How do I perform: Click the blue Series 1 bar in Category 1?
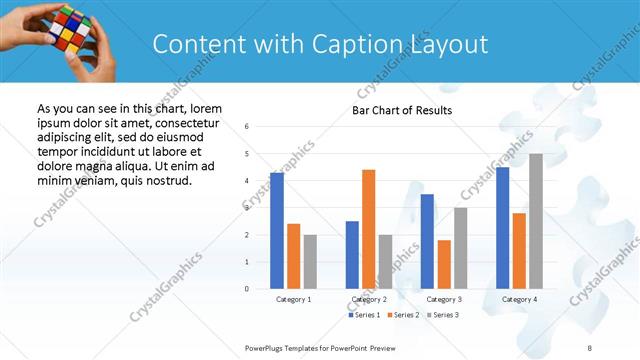(277, 230)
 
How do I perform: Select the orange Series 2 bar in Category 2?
(368, 229)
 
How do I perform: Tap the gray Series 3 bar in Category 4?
(536, 221)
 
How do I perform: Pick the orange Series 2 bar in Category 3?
(444, 264)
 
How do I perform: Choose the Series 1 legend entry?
(362, 315)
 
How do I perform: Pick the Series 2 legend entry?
(402, 315)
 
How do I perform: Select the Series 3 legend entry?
(442, 315)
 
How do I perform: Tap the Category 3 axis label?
(444, 299)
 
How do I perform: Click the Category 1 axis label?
(293, 299)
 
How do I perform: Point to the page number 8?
(589, 346)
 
